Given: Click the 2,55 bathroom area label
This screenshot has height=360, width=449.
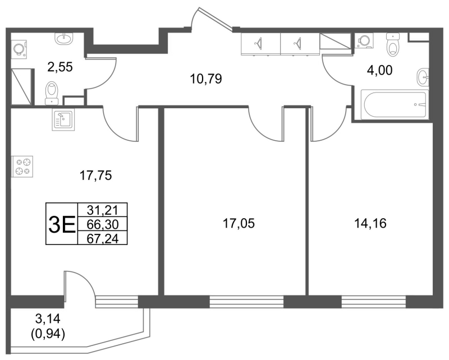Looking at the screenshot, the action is (x=61, y=67).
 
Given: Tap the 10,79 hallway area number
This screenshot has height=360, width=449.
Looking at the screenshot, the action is (x=206, y=79).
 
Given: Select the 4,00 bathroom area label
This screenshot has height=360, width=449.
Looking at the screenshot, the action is (x=379, y=70).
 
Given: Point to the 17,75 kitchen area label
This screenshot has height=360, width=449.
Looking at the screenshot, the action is (x=95, y=176).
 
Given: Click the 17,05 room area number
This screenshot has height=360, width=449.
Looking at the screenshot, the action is (x=239, y=224).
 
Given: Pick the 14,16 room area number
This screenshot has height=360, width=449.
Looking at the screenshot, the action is (x=370, y=223).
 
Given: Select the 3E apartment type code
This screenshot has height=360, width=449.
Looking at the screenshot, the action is (x=62, y=224).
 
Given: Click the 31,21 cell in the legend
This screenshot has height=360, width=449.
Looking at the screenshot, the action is (x=103, y=210).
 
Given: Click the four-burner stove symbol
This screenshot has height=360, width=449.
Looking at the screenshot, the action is (x=22, y=167).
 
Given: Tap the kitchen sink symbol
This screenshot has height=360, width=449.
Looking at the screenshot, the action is (x=63, y=120).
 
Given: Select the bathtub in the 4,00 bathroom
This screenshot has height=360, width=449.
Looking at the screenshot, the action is (x=395, y=105).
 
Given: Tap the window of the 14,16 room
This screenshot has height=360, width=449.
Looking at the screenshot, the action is (x=374, y=302).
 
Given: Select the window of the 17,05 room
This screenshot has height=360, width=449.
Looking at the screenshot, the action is (x=246, y=302).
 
